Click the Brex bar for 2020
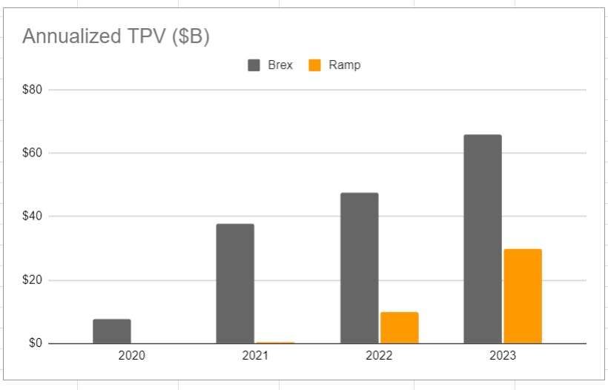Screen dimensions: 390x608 pyautogui.click(x=112, y=331)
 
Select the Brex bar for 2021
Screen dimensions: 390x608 pyautogui.click(x=235, y=284)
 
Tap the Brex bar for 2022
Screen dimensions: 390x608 pyautogui.click(x=360, y=268)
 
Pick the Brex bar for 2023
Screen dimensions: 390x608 pyautogui.click(x=483, y=239)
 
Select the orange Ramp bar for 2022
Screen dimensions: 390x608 pyautogui.click(x=400, y=328)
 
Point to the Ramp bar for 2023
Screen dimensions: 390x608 pyautogui.click(x=523, y=297)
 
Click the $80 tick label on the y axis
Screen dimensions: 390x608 pyautogui.click(x=33, y=90)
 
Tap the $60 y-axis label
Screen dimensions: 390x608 pyautogui.click(x=33, y=153)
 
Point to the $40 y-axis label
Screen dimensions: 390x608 pyautogui.click(x=33, y=217)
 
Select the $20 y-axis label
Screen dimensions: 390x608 pyautogui.click(x=33, y=280)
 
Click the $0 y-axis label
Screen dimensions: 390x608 pyautogui.click(x=36, y=343)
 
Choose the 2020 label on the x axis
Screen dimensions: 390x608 pyautogui.click(x=132, y=356)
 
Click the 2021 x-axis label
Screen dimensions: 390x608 pyautogui.click(x=255, y=356)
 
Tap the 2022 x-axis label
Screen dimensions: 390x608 pyautogui.click(x=379, y=356)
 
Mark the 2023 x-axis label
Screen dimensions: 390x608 pyautogui.click(x=503, y=356)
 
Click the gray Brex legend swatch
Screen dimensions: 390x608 pyautogui.click(x=254, y=65)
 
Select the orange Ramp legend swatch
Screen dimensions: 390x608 pyautogui.click(x=315, y=65)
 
